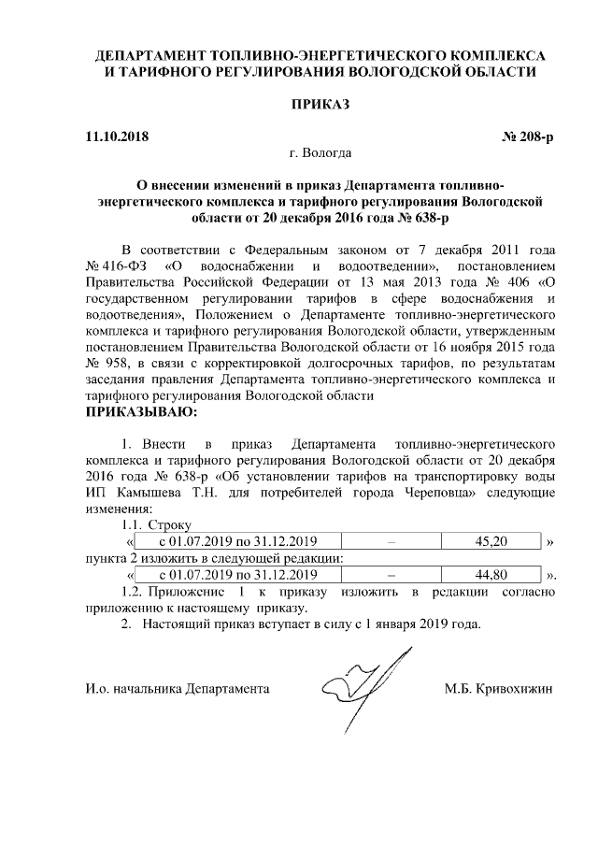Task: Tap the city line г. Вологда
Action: [321, 152]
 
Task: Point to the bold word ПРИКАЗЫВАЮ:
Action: [142, 410]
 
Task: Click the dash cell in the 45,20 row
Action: [391, 541]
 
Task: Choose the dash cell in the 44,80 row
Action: [391, 574]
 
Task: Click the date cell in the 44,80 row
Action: [238, 574]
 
